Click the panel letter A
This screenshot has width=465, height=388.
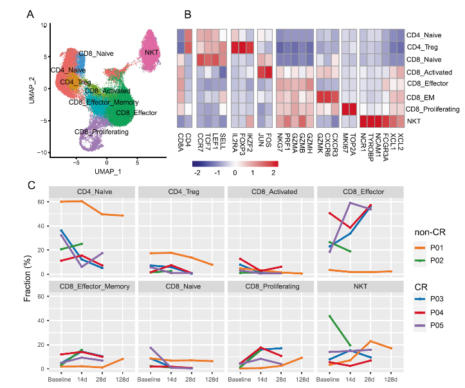[30, 13]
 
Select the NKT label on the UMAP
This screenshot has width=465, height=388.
[152, 51]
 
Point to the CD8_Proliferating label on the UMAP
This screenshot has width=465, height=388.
[102, 132]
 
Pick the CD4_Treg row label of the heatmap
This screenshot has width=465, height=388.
[425, 47]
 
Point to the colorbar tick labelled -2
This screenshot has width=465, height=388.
[197, 173]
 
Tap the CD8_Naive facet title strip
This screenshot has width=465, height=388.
[181, 286]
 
